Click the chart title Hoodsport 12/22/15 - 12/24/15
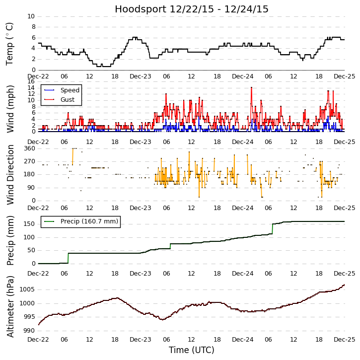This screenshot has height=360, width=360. tap(192, 9)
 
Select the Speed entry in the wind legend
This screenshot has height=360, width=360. tap(70, 90)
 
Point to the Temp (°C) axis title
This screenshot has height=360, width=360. tap(10, 44)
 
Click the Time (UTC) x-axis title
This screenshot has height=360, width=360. tap(192, 350)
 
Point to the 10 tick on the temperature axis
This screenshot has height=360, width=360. tap(31, 16)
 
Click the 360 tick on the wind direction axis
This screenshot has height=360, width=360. tap(29, 148)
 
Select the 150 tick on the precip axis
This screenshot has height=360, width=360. tap(29, 224)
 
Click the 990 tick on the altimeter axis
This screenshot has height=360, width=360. tap(28, 330)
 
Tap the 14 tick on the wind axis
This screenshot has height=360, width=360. tap(31, 87)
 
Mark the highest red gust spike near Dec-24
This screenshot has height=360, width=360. tap(251, 88)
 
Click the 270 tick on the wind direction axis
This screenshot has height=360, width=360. tap(29, 161)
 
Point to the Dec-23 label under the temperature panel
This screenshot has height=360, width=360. tap(141, 76)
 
